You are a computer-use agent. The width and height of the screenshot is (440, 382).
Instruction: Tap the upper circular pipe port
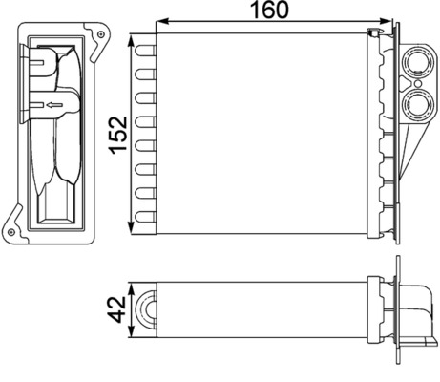click(x=416, y=68)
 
